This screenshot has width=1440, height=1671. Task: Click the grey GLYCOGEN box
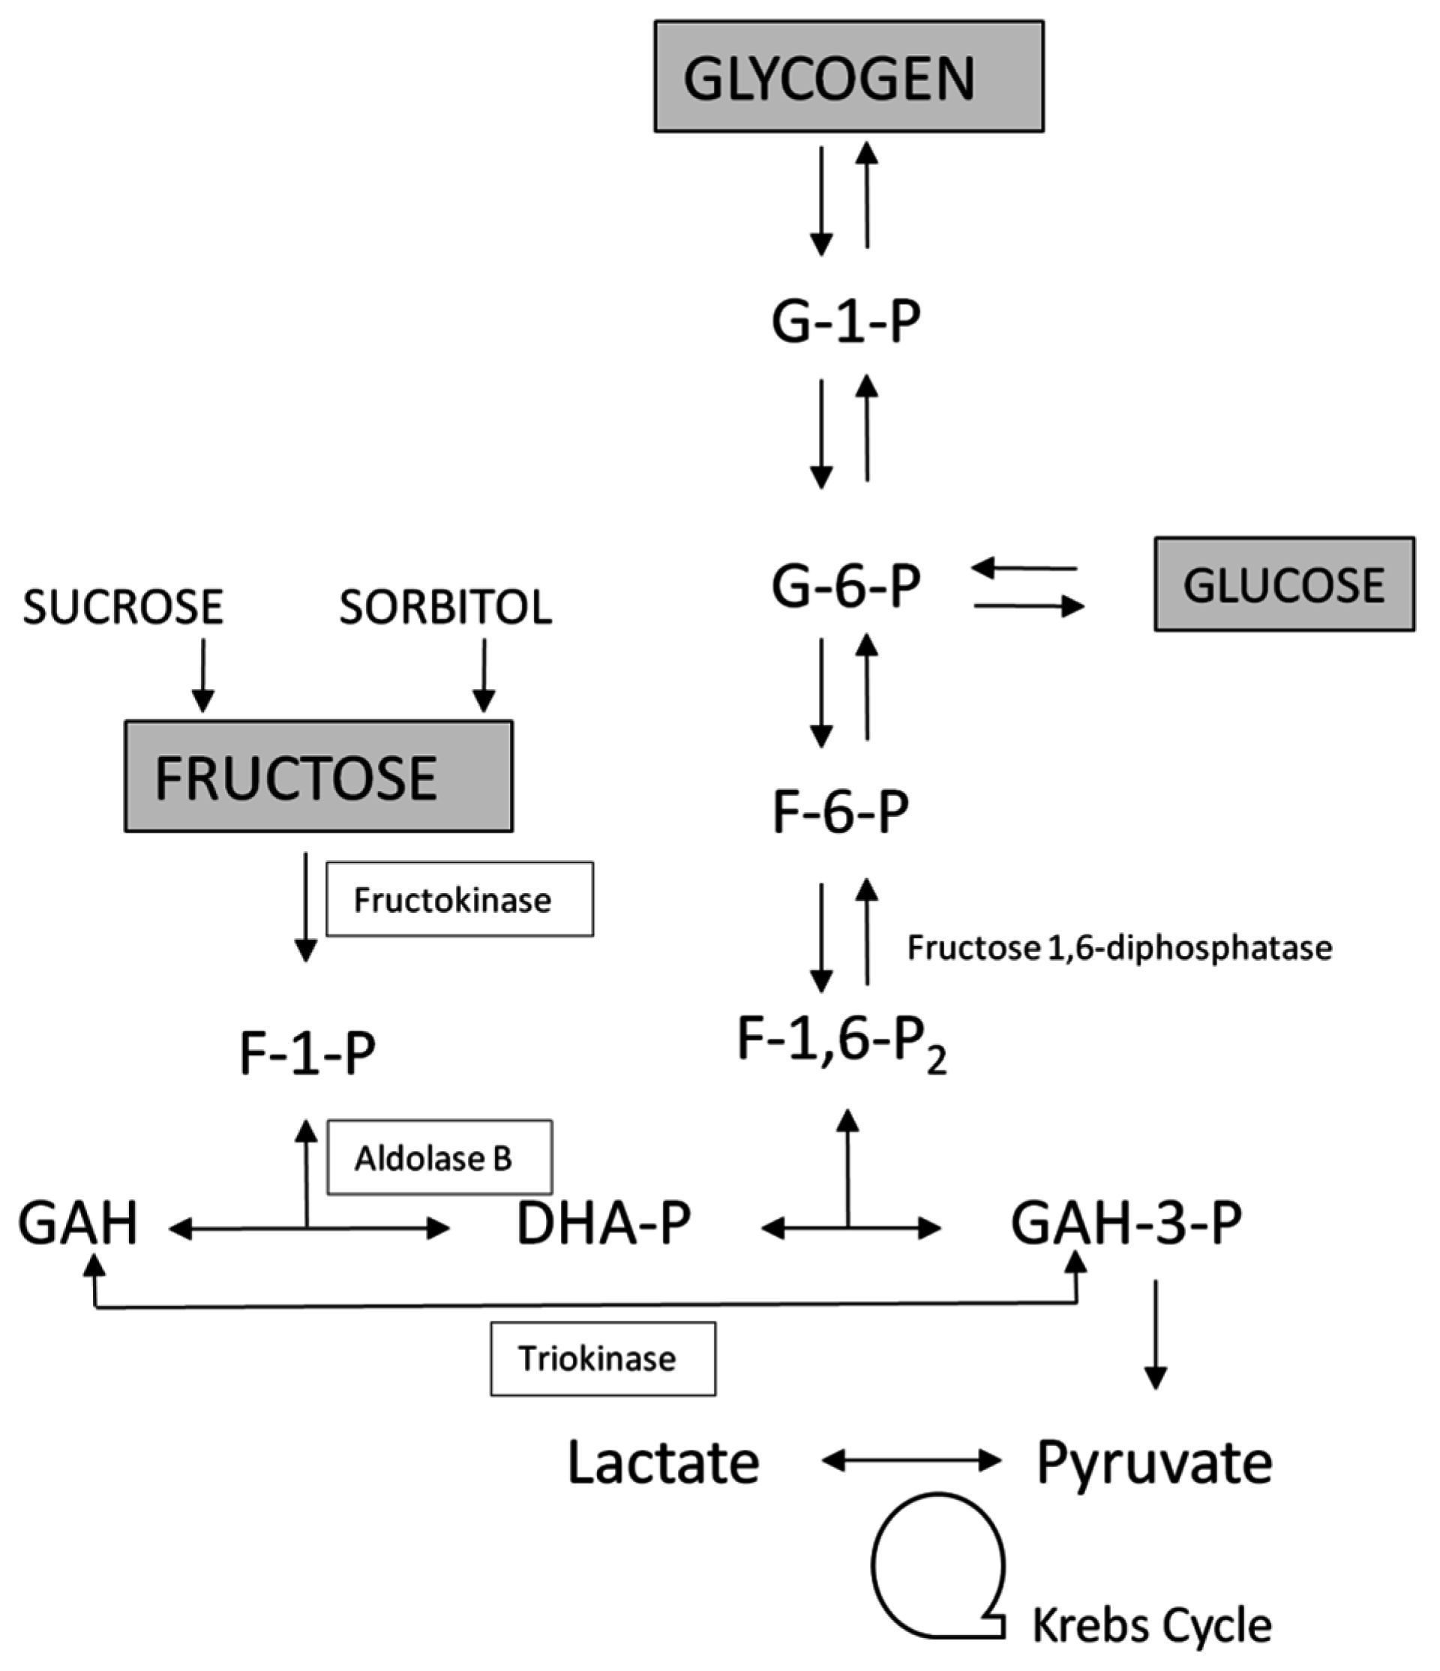tap(848, 76)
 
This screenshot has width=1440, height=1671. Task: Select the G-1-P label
tap(845, 322)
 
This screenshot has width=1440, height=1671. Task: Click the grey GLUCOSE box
tap(1283, 584)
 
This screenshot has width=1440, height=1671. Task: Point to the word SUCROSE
tap(122, 607)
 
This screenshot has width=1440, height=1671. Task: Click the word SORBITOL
tap(445, 607)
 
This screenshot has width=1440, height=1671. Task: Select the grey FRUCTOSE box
tap(319, 775)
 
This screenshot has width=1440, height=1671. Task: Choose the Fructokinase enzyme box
tap(460, 899)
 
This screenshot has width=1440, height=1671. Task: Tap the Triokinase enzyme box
tap(602, 1358)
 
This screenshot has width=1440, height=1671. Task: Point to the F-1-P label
tap(307, 1053)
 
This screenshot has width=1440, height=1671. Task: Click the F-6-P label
tap(840, 811)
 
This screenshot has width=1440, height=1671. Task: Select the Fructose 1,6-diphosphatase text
tap(1119, 947)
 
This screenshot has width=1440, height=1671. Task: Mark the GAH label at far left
tap(77, 1222)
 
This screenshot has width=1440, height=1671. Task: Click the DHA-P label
tap(603, 1222)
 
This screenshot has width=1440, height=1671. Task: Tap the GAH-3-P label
tap(1126, 1222)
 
